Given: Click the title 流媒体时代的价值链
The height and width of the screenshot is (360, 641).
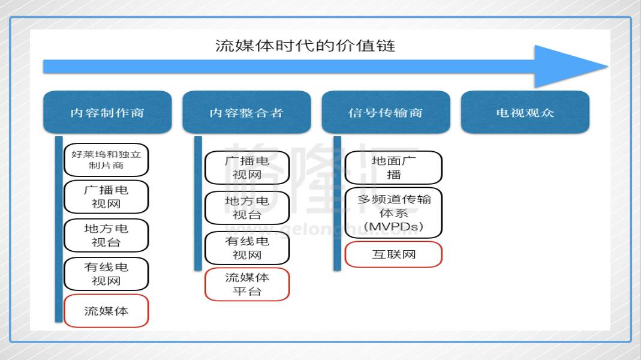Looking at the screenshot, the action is [305, 46].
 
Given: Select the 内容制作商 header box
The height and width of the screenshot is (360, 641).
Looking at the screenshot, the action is [107, 112].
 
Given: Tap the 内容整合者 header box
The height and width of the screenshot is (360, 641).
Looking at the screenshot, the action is [246, 112].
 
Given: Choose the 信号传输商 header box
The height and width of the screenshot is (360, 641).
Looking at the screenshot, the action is [386, 112].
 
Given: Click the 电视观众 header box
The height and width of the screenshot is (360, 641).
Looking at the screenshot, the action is [525, 112].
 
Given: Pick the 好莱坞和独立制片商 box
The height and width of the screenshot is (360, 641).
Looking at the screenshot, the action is [106, 160].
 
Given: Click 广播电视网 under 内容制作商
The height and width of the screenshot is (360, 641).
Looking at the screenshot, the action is [106, 197].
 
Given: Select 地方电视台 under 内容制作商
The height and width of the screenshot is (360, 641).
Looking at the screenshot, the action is [106, 235].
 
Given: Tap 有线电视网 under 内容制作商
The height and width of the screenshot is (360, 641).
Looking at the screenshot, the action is [106, 274].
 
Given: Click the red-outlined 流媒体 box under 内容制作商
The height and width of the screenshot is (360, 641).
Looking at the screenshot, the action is [106, 311].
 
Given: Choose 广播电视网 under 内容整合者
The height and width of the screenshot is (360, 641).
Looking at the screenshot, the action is [247, 168].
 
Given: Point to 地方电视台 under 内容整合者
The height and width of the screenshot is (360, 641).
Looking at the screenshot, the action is [247, 208].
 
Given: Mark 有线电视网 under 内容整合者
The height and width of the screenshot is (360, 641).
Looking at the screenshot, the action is [247, 248].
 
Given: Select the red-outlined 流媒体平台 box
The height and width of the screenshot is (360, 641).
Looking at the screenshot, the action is [247, 284].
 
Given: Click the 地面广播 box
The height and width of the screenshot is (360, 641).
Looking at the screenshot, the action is [394, 168].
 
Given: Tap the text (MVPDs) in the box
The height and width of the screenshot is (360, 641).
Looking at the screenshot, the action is [394, 227].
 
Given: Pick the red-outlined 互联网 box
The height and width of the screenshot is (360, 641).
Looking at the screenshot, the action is [394, 254].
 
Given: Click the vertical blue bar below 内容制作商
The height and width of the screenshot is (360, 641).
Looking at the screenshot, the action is [59, 229].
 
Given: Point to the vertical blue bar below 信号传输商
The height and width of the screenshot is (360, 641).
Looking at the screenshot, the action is [337, 203].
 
